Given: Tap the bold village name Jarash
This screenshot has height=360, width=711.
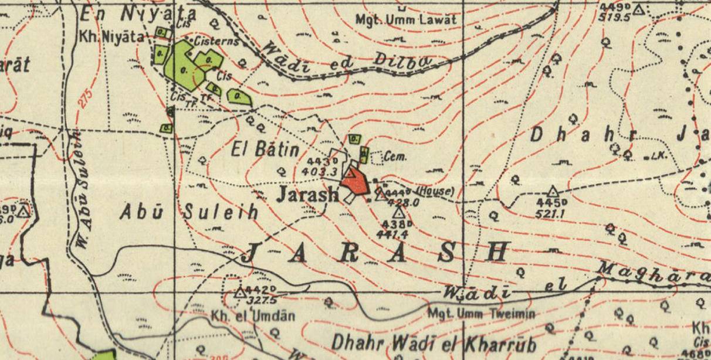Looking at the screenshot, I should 307,193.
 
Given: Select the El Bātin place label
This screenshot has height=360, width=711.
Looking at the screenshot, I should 265,150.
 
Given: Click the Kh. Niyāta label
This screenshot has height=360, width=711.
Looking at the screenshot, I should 111,37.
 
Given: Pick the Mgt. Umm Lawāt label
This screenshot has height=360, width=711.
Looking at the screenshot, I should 405,19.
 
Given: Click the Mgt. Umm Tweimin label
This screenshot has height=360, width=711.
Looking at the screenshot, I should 481,314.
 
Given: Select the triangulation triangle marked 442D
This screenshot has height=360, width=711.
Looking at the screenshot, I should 239,292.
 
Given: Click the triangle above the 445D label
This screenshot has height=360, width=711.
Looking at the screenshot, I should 552,191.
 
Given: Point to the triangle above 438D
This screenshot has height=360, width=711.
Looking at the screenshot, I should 399,212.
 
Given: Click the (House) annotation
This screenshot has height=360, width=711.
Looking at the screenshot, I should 435,191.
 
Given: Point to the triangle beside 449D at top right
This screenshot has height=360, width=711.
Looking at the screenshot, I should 638,9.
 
